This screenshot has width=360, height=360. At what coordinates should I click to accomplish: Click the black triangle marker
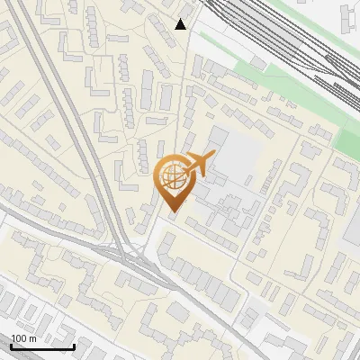coord(182,24)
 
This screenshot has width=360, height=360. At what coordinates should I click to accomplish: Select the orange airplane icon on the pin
coord(200,164)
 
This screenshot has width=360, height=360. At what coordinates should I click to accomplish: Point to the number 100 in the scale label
coord(20,337)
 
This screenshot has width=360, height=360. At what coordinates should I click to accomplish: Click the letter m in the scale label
coord(33,337)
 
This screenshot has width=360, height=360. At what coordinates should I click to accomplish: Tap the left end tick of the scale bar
coord(11,346)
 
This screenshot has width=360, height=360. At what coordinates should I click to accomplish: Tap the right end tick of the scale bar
coord(74,346)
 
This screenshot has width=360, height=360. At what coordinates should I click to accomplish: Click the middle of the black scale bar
coord(42,346)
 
